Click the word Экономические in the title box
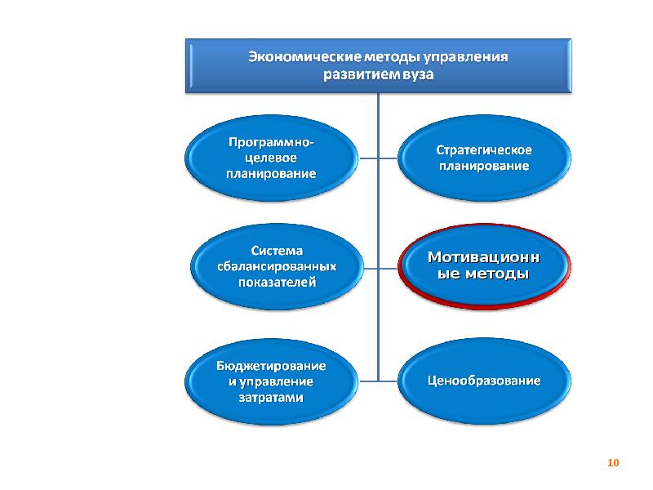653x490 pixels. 305,56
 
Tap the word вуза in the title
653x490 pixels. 418,74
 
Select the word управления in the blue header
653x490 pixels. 465,57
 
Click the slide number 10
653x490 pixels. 613,462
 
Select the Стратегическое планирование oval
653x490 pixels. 484,158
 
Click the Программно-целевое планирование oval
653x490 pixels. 271,158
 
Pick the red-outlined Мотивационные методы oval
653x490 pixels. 484,267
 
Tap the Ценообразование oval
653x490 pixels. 484,381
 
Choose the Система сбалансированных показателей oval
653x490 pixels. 277,267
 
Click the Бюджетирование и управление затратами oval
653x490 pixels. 271,381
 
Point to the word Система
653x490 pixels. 277,251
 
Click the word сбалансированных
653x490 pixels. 277,266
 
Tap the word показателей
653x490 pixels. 278,282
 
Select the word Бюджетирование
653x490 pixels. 271,366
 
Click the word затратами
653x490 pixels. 271,398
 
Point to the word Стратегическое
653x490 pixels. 484,150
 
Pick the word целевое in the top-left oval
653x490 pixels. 271,158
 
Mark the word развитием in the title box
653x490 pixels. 362,74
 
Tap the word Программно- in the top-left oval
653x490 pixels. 271,142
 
